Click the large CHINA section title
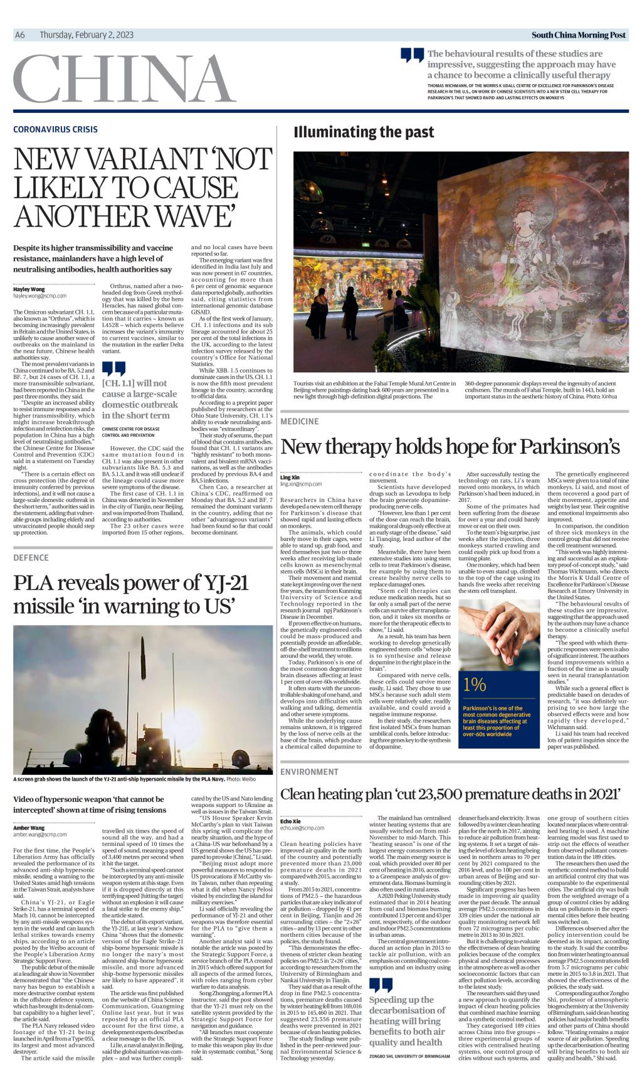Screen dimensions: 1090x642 tap(124, 81)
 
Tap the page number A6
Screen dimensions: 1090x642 tap(19, 35)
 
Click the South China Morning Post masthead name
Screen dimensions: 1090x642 tap(578, 35)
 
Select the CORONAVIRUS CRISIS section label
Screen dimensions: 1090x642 tap(55, 129)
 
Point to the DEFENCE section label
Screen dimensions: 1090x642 tap(31, 557)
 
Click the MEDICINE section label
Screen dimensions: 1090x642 tap(300, 420)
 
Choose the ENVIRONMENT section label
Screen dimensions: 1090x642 tap(309, 771)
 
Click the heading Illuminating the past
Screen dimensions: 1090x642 tap(364, 132)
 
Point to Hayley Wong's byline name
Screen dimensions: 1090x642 tap(29, 289)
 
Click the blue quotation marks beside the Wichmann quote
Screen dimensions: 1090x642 tap(412, 56)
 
